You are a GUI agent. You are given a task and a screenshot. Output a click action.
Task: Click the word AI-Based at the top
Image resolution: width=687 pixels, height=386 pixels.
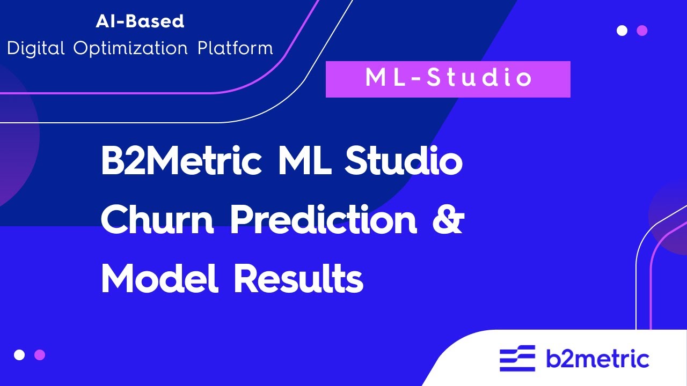point(140,21)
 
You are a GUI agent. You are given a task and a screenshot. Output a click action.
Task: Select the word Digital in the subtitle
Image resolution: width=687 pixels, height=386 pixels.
point(36,48)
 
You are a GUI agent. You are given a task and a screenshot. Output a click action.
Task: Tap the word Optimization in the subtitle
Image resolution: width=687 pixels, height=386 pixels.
point(130,48)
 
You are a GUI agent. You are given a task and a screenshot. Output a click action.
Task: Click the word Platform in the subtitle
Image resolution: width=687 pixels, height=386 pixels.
point(235,48)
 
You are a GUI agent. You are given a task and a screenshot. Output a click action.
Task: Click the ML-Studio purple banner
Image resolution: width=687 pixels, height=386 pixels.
point(448,79)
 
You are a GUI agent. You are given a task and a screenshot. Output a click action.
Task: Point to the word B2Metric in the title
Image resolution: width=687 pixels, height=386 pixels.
point(181,162)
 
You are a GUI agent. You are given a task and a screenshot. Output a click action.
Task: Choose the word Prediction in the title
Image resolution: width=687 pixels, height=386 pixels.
point(324,221)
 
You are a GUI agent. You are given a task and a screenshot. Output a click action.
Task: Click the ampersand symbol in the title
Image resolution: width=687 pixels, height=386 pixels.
point(447,221)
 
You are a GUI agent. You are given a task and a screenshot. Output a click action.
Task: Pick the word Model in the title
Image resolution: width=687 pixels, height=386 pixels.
point(159,279)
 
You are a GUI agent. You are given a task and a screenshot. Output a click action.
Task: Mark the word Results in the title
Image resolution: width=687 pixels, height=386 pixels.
point(298,279)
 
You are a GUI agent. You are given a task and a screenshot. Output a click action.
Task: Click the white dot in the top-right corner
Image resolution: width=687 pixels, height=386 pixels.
point(622,31)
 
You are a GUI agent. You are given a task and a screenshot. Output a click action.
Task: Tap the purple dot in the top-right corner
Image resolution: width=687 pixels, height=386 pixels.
point(642,31)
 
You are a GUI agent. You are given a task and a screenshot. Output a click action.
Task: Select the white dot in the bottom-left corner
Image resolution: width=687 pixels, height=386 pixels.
point(19,355)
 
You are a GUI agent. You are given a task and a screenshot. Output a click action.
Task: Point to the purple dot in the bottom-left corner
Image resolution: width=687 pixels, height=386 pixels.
point(40,355)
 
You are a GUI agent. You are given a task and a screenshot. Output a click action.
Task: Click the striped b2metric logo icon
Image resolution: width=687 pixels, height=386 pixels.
point(517,359)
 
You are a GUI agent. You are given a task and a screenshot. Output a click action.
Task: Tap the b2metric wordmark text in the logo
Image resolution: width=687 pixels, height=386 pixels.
point(597,359)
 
